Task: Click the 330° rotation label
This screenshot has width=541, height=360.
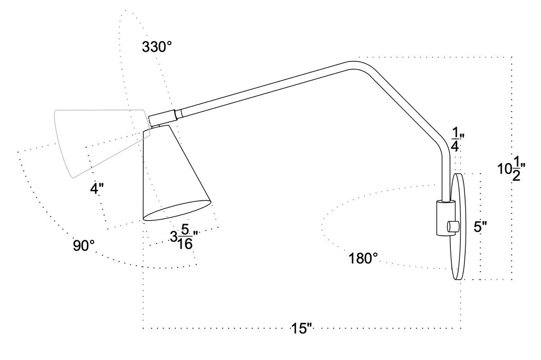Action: (x=157, y=47)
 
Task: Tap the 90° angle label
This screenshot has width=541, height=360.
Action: (x=84, y=246)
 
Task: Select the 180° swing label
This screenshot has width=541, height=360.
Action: (x=363, y=259)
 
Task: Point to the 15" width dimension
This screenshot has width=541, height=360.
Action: (x=302, y=328)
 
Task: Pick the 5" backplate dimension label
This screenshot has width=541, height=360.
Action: (x=481, y=227)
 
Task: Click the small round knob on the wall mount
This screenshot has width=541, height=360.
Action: (x=453, y=226)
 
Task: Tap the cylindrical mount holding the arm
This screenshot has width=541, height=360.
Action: (x=443, y=219)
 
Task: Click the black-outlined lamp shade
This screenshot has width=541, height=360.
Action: (x=169, y=176)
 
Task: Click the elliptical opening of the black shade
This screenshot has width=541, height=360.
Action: (x=177, y=210)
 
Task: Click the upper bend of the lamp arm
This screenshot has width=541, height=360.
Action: (x=356, y=65)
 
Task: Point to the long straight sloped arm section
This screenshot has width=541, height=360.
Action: (x=266, y=88)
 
